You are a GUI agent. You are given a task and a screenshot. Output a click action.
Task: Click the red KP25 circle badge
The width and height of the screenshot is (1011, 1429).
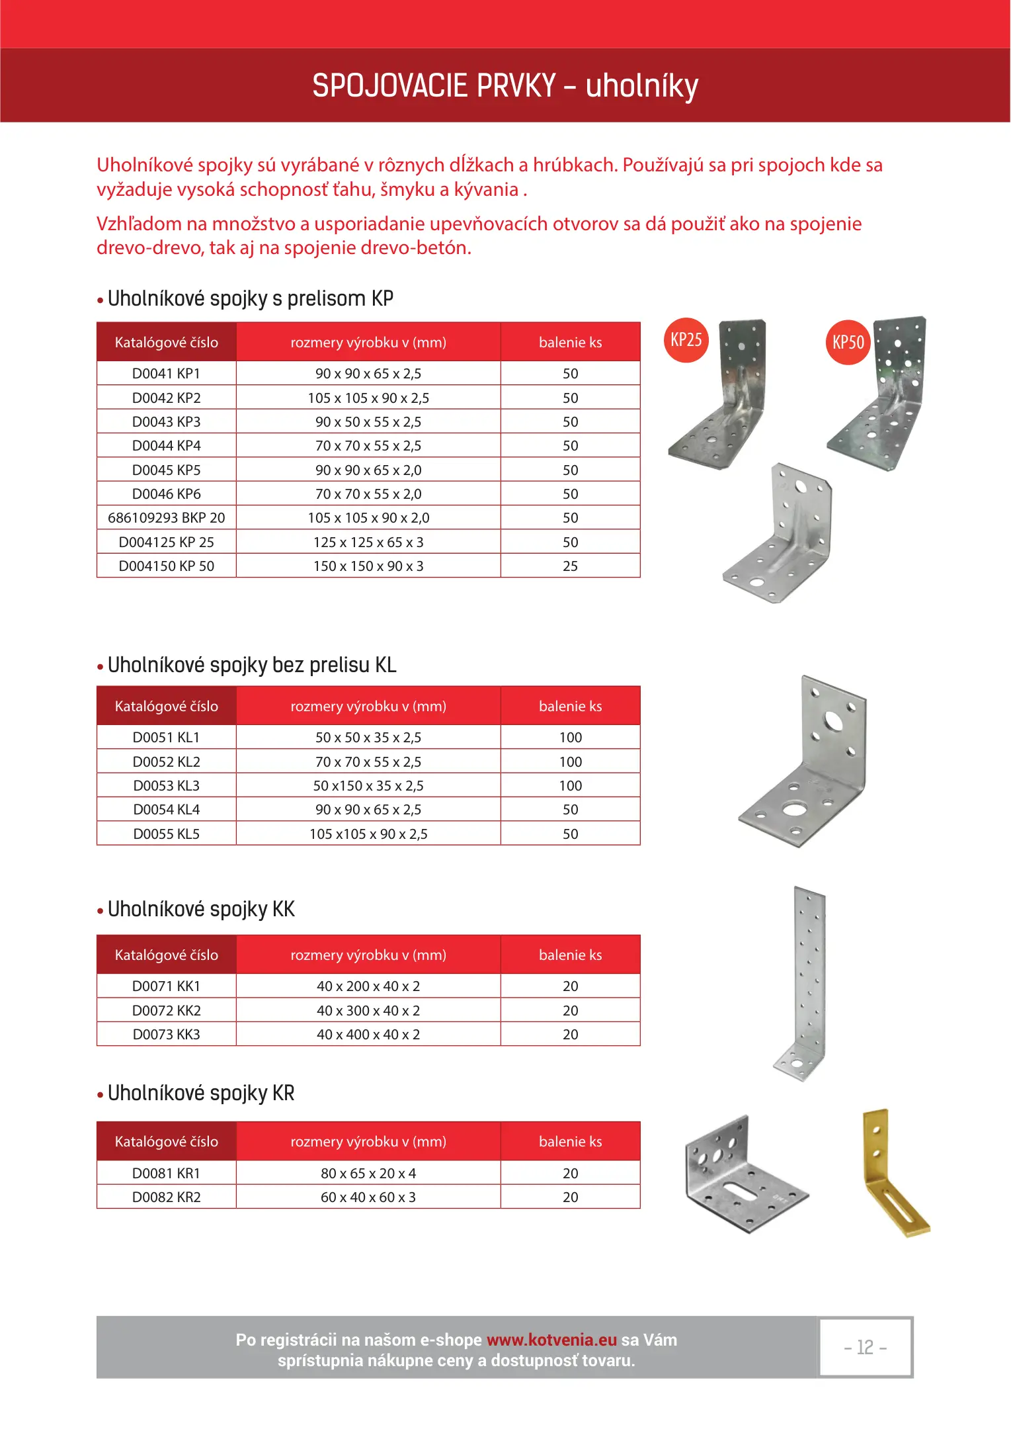click(686, 340)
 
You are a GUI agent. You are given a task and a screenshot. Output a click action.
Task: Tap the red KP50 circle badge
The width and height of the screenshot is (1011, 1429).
click(848, 342)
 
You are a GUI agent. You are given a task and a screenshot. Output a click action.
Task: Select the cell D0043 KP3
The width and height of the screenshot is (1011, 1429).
click(167, 422)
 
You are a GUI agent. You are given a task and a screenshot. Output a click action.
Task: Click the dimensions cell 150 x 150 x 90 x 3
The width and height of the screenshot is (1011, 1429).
click(368, 566)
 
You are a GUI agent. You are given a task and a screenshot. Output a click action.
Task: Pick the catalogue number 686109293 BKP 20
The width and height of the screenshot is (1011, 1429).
click(167, 518)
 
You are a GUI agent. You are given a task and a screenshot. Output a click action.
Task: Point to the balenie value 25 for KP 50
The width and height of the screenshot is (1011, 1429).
click(570, 566)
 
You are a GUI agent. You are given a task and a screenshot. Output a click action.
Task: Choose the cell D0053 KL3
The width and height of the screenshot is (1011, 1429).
click(167, 786)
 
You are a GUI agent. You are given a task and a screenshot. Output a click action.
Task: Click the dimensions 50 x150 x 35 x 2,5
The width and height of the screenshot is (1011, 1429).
click(368, 786)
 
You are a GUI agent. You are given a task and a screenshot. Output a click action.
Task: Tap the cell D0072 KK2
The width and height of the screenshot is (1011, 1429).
click(167, 1011)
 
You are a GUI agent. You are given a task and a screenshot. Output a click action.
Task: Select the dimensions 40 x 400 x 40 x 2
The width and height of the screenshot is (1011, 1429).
click(368, 1035)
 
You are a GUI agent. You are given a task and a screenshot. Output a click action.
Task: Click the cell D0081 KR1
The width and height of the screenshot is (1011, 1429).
click(167, 1174)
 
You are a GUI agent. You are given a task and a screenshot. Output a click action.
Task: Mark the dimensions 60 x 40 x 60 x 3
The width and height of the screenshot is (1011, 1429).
click(368, 1197)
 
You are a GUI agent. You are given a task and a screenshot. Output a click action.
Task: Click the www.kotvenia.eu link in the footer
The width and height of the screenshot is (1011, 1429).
click(551, 1340)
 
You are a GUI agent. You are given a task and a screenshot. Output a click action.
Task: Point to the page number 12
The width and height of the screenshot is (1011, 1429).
click(865, 1348)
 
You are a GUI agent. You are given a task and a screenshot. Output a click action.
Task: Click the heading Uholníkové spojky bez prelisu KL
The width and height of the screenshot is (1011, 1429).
click(251, 665)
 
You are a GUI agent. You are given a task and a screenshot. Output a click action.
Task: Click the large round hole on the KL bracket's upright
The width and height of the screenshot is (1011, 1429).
click(833, 720)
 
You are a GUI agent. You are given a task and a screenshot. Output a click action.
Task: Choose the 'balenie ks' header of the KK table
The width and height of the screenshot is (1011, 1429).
click(570, 955)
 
